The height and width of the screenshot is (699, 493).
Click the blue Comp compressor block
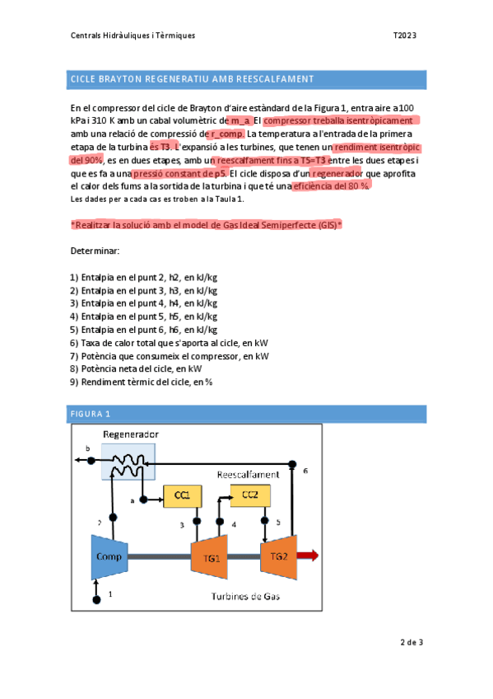coord(109,556)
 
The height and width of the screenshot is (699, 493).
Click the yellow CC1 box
coord(183,495)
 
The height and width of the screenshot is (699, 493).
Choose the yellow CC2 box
coord(249,494)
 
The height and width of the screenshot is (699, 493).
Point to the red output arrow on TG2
coord(307,556)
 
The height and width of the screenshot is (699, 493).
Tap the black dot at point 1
coord(97,599)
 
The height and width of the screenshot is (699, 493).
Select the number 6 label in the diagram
coord(305,471)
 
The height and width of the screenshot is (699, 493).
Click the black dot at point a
coord(144,500)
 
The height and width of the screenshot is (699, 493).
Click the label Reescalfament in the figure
coord(248,475)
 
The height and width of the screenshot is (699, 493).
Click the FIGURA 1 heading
coord(91,414)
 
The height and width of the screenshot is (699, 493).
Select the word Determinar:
coord(95,250)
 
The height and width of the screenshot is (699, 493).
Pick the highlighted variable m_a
coord(235,121)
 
